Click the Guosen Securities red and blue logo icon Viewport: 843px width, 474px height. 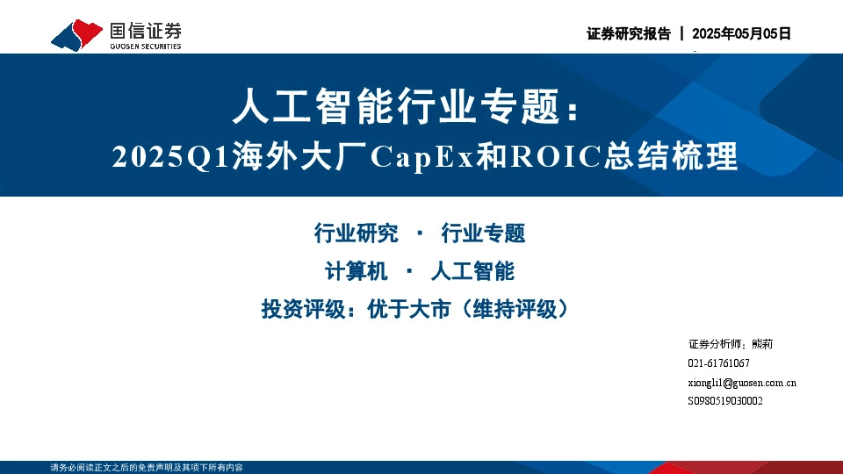pyautogui.click(x=77, y=35)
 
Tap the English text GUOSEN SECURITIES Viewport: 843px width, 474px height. pyautogui.click(x=146, y=47)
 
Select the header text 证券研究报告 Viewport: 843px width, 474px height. pyautogui.click(x=628, y=34)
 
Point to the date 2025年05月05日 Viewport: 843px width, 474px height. pyautogui.click(x=742, y=34)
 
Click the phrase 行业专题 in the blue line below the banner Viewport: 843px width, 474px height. pyautogui.click(x=483, y=233)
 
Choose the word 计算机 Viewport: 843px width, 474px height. pyautogui.click(x=356, y=271)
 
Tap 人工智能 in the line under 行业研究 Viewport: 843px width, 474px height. pyautogui.click(x=472, y=271)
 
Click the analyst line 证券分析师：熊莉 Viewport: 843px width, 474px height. pyautogui.click(x=730, y=344)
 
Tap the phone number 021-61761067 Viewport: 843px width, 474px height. pyautogui.click(x=718, y=363)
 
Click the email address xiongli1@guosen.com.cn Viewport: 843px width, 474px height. pyautogui.click(x=742, y=383)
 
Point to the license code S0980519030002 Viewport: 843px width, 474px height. pyautogui.click(x=725, y=401)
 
